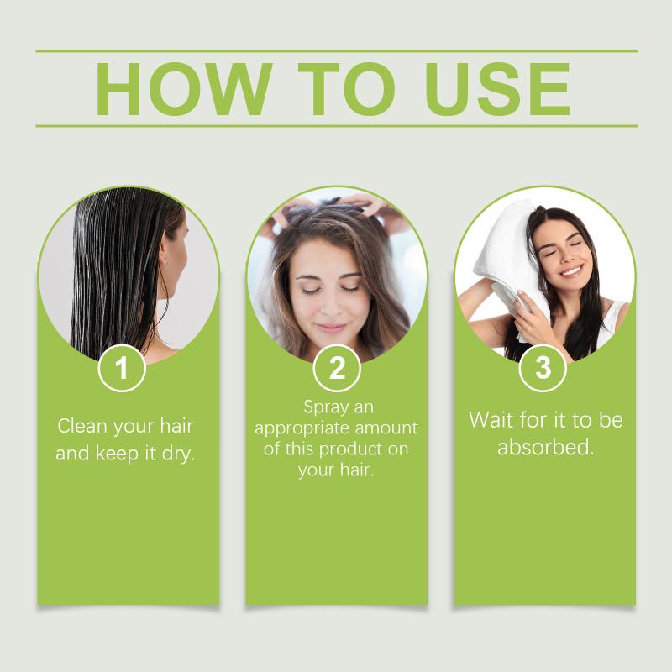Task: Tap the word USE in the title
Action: pos(498,89)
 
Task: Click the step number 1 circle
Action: pos(122,368)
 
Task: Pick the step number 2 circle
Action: pos(337,368)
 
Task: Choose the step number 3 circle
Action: pos(543,368)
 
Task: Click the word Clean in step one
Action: pos(81,426)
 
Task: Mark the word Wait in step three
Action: pos(491,420)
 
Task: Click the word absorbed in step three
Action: pos(545,448)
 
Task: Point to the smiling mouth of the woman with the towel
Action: pos(572,271)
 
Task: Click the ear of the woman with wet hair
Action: pos(164,254)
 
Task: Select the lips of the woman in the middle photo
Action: pos(331,328)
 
